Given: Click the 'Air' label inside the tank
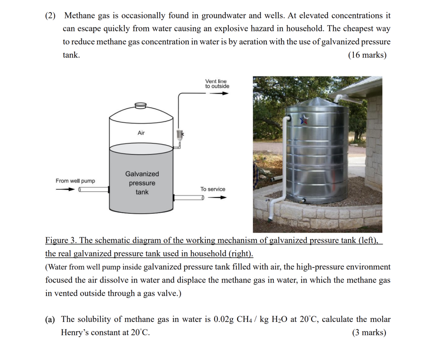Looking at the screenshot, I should pyautogui.click(x=141, y=133).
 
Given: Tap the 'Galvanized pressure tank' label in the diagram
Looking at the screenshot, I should pyautogui.click(x=142, y=183).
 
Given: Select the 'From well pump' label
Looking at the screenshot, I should pyautogui.click(x=75, y=181).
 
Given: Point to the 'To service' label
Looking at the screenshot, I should pyautogui.click(x=212, y=189).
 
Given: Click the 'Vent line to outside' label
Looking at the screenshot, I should pyautogui.click(x=217, y=83).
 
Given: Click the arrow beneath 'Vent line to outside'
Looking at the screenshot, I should pyautogui.click(x=219, y=93).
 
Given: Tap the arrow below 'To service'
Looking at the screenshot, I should pyautogui.click(x=217, y=198).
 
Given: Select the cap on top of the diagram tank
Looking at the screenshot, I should pyautogui.click(x=141, y=105).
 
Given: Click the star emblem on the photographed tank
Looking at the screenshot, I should pyautogui.click(x=304, y=120).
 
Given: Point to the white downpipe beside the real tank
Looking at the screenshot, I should pyautogui.click(x=286, y=163).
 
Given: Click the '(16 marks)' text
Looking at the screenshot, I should pyautogui.click(x=367, y=55).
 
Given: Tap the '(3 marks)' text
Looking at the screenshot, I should pyautogui.click(x=370, y=333).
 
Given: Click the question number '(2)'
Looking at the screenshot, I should pyautogui.click(x=51, y=16).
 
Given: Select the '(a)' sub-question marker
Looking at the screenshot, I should pyautogui.click(x=50, y=319).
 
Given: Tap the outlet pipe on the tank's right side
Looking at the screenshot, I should pyautogui.click(x=189, y=197).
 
